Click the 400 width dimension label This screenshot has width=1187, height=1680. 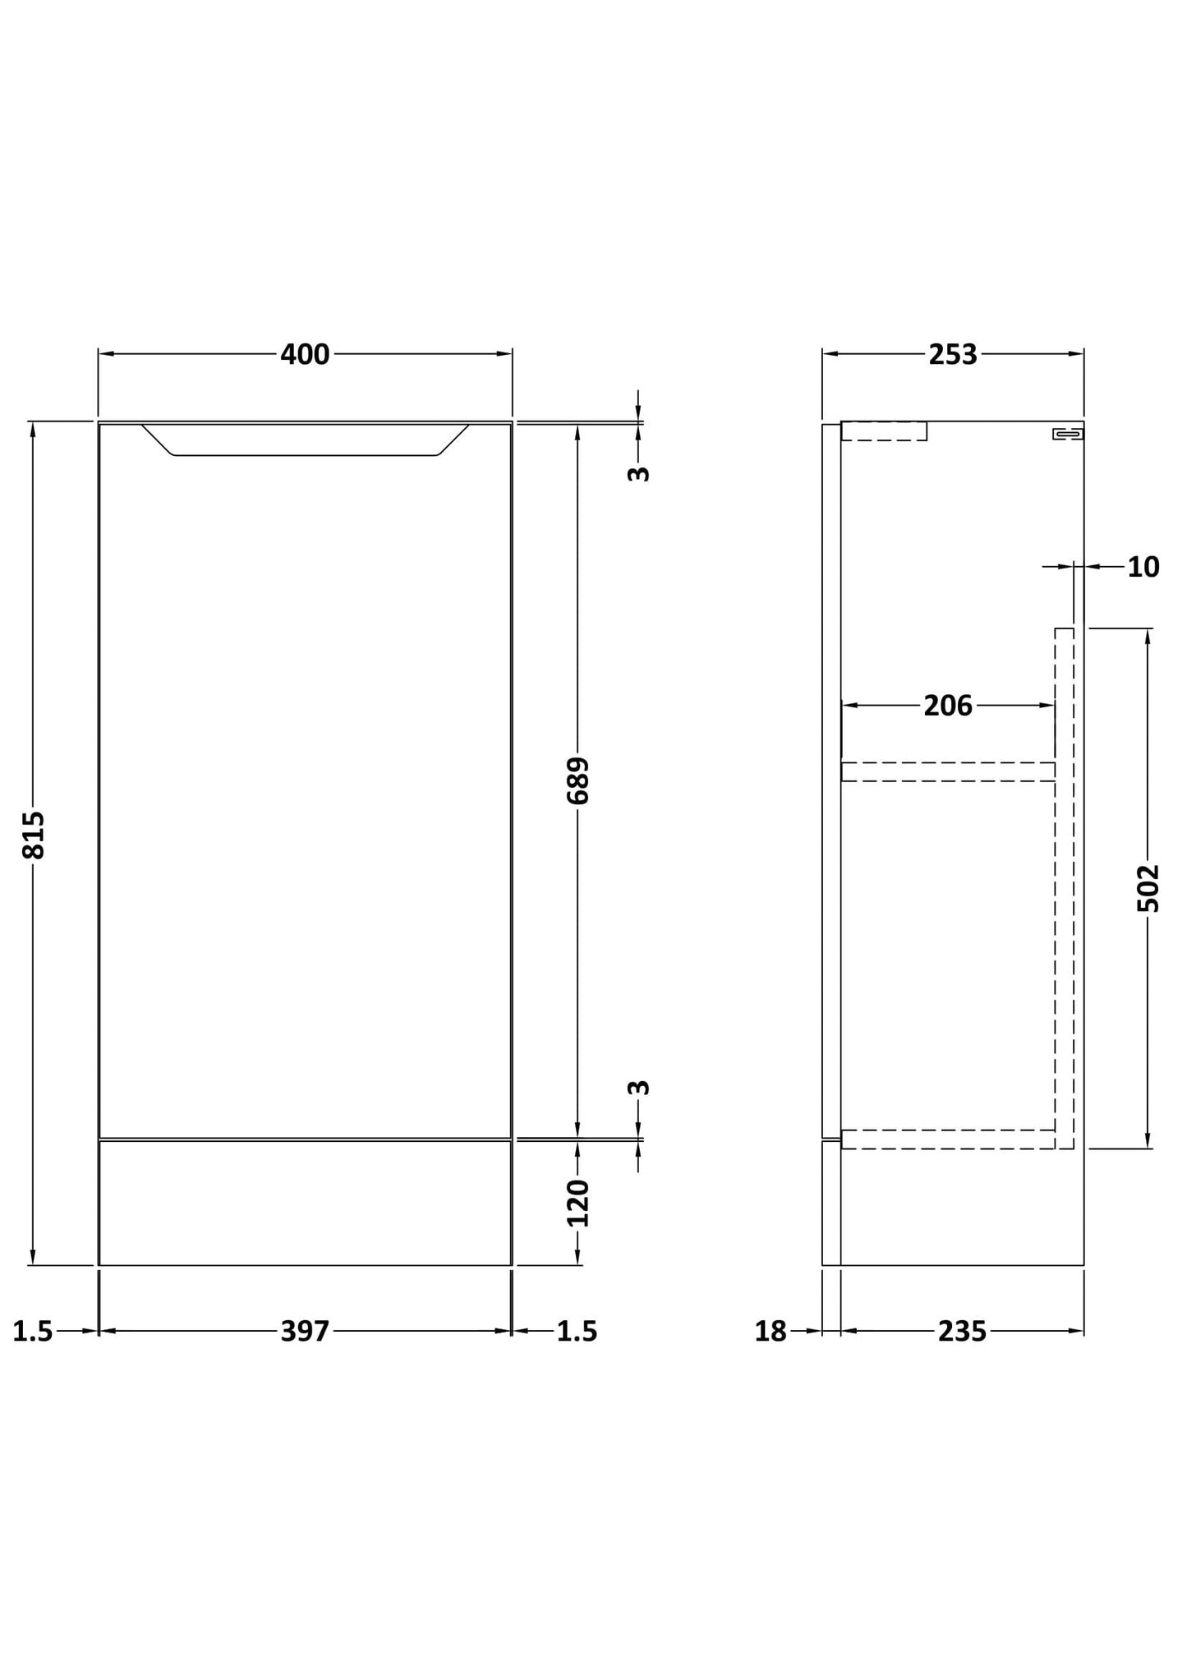pos(305,354)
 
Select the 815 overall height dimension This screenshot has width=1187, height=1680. pos(34,835)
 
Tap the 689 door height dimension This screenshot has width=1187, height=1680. pos(577,780)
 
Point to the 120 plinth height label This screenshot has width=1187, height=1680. pos(578,1203)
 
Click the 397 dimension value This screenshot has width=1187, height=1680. pos(305,1331)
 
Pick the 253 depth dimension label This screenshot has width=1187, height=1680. pos(953,354)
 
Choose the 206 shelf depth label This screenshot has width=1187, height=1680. pos(948,705)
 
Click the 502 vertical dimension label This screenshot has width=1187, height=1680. pos(1148,888)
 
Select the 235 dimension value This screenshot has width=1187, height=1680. pos(962,1331)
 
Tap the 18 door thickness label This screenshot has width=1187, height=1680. pos(771,1331)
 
